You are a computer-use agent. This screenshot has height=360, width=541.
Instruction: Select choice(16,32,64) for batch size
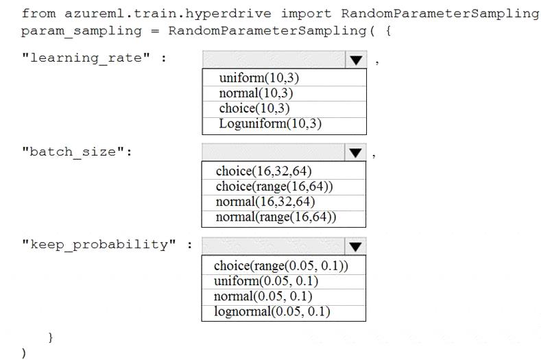(x=263, y=171)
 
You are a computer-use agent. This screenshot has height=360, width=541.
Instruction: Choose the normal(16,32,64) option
(x=265, y=202)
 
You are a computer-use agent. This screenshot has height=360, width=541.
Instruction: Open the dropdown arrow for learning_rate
(x=356, y=60)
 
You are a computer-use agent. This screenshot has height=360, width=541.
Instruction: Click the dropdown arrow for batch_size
(x=355, y=152)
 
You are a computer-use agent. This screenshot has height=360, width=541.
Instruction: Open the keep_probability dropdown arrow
(x=355, y=246)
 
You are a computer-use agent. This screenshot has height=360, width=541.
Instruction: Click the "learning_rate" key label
(x=86, y=58)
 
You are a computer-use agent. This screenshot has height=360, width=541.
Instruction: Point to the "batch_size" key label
(x=73, y=152)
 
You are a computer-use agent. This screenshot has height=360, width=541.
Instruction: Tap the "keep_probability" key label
(x=99, y=245)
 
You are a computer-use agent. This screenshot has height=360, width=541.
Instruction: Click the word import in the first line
(x=306, y=14)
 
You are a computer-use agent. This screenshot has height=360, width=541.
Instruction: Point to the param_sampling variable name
(x=82, y=31)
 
